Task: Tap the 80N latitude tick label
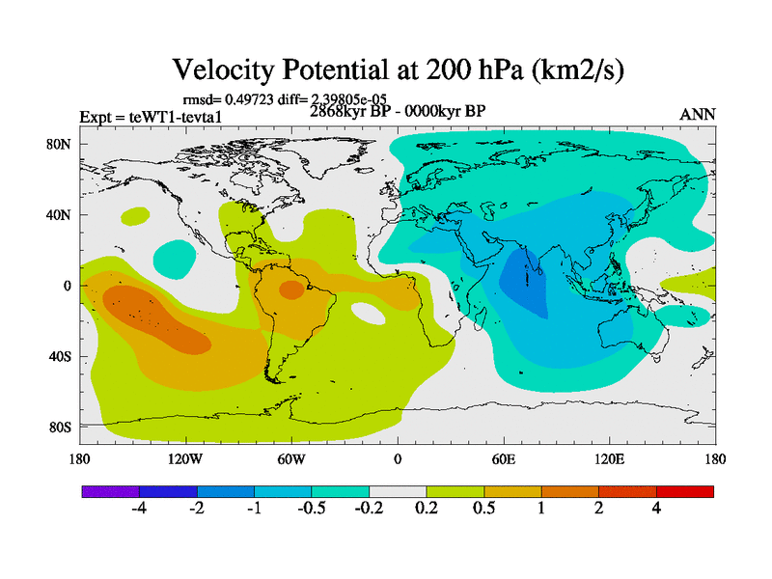point(62,145)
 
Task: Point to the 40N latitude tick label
point(62,215)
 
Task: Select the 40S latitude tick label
point(62,356)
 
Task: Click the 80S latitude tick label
point(62,427)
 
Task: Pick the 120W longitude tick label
point(184,459)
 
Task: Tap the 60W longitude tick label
point(291,459)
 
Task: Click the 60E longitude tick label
point(503,459)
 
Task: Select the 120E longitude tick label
point(609,459)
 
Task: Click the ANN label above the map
point(698,114)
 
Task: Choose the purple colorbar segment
point(111,491)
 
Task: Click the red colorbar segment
point(685,491)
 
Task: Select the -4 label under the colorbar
point(138,510)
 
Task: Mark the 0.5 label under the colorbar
point(483,510)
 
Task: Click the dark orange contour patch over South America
point(290,289)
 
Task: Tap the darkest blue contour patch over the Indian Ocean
point(526,286)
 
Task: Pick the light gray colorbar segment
point(398,491)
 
